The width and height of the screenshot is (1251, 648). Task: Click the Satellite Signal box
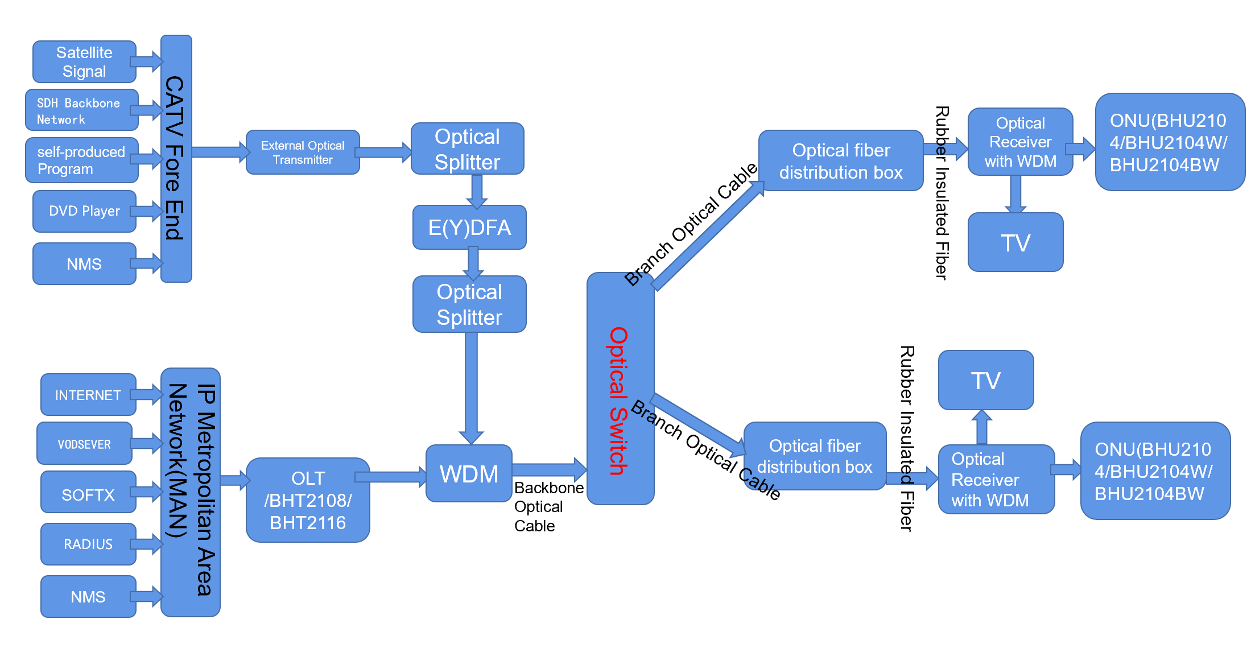pos(84,61)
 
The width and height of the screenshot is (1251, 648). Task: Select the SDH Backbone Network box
pos(82,110)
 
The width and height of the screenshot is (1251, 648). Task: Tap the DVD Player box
pos(84,211)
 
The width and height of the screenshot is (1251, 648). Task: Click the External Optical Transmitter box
pos(303,152)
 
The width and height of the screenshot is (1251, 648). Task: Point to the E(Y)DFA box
pos(469,228)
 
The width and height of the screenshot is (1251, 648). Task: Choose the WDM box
pos(469,473)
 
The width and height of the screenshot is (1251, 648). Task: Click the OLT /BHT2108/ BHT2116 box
pos(308,500)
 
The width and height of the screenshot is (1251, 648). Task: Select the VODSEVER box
pos(84,443)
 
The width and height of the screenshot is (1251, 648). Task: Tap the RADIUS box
pos(88,544)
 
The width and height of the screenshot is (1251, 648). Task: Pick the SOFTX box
pos(88,494)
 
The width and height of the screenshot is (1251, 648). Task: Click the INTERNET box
pos(88,394)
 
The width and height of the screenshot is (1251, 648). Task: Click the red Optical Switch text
pos(618,401)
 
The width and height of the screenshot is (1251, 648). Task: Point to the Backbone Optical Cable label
pos(549,506)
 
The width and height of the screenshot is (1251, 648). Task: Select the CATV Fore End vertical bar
pos(176,158)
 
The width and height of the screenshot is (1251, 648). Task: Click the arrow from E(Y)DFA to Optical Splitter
pos(473,262)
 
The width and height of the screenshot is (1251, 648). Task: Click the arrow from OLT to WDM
pos(391,477)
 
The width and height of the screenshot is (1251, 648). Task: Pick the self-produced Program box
pos(82,160)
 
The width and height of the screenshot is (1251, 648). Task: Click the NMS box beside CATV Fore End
pos(84,263)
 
